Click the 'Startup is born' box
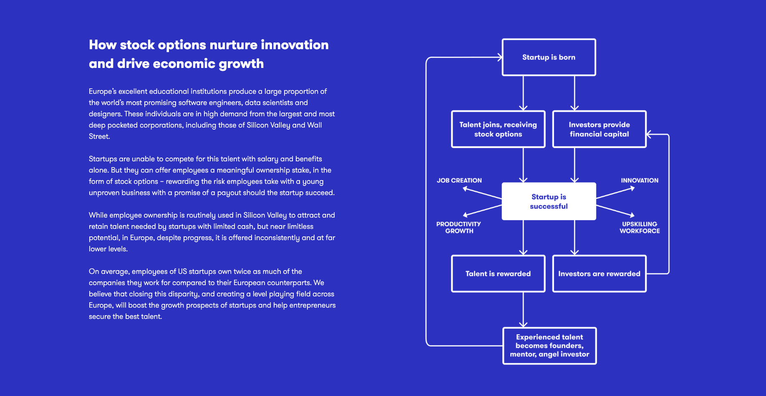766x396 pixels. point(549,57)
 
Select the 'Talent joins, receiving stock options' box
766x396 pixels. point(498,129)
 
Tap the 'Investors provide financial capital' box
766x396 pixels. point(599,129)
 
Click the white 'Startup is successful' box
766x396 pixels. point(549,201)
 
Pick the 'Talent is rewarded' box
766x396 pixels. point(498,273)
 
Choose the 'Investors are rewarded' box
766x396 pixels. point(599,273)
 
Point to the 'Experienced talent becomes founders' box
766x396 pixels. point(549,346)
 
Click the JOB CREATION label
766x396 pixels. point(459,180)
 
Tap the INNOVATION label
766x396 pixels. point(640,180)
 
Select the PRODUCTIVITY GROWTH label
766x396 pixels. point(459,227)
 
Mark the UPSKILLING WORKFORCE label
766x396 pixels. point(640,227)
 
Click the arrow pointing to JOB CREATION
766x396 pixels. point(482,193)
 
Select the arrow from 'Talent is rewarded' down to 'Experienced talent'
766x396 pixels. point(523,309)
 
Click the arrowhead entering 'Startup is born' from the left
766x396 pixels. point(499,57)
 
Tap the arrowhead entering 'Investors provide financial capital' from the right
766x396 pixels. point(649,134)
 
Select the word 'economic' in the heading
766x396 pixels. point(184,63)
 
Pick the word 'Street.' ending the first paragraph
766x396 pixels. point(99,136)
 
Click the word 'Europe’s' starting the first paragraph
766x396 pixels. point(103,91)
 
